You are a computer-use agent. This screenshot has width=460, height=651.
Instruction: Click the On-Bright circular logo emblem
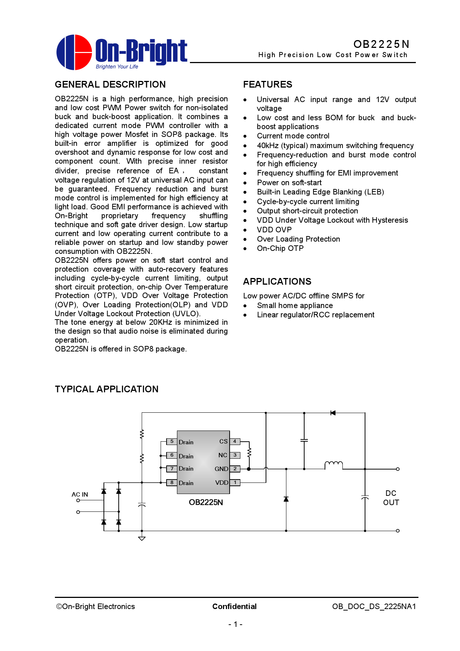pyautogui.click(x=74, y=52)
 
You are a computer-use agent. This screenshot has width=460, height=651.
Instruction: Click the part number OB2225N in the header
pyautogui.click(x=381, y=44)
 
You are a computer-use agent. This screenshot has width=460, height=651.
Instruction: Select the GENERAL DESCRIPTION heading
pyautogui.click(x=110, y=85)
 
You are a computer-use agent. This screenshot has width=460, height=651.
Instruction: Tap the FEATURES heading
pyautogui.click(x=267, y=85)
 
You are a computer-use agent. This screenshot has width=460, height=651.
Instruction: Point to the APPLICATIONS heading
pyautogui.click(x=277, y=282)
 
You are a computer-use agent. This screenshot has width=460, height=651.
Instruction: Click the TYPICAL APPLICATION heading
pyautogui.click(x=106, y=389)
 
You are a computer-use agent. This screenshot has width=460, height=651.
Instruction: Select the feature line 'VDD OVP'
pyautogui.click(x=274, y=230)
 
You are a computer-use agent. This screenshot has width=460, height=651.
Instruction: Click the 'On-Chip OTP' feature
pyautogui.click(x=280, y=248)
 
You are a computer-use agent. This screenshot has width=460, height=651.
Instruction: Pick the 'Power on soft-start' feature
pyautogui.click(x=289, y=183)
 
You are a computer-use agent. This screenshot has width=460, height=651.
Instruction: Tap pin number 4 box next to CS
pyautogui.click(x=235, y=441)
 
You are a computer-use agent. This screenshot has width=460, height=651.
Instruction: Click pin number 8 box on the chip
pyautogui.click(x=172, y=482)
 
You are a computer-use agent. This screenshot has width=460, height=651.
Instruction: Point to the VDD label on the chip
pyautogui.click(x=221, y=482)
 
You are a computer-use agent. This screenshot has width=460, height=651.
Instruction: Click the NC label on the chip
pyautogui.click(x=223, y=455)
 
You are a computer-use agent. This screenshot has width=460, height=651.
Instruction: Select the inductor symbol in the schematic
pyautogui.click(x=333, y=465)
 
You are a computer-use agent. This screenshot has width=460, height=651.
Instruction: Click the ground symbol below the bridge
pyautogui.click(x=142, y=538)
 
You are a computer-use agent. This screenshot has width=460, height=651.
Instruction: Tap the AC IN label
pyautogui.click(x=80, y=494)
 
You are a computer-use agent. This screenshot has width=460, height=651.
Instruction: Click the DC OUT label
pyautogui.click(x=391, y=498)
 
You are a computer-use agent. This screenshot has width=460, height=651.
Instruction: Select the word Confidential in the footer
pyautogui.click(x=234, y=606)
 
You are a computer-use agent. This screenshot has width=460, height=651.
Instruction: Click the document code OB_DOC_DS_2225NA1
pyautogui.click(x=374, y=606)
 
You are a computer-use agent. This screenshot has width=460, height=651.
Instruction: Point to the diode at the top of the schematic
pyautogui.click(x=333, y=413)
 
